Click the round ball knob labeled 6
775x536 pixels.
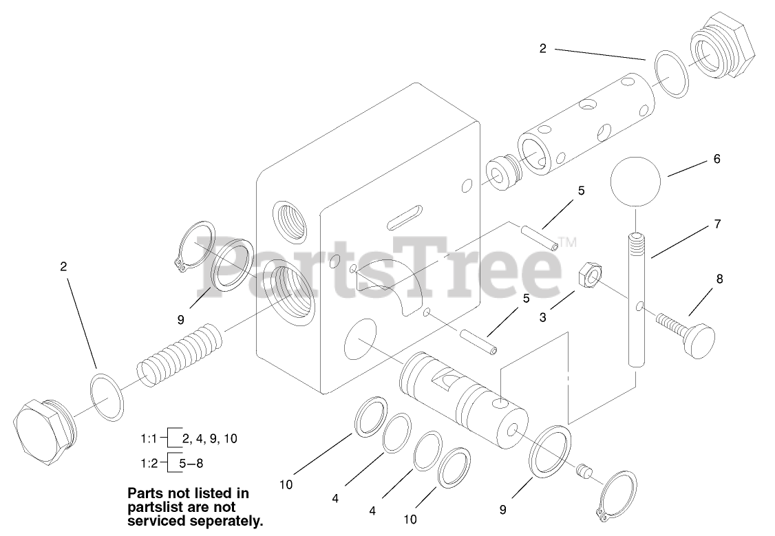click(x=635, y=182)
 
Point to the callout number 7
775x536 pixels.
click(x=718, y=224)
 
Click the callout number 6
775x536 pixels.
click(x=716, y=159)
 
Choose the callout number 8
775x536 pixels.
click(x=719, y=279)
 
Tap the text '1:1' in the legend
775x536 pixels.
click(x=149, y=438)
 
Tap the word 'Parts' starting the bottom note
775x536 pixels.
click(x=146, y=493)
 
